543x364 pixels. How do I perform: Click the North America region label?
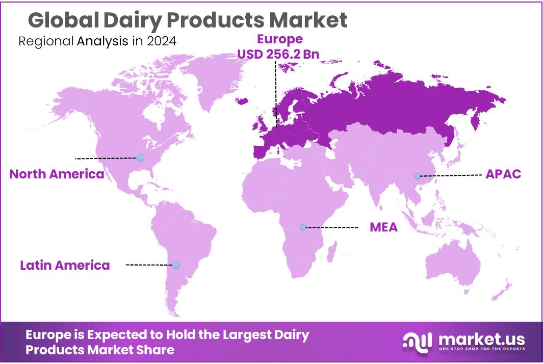pyautogui.click(x=57, y=174)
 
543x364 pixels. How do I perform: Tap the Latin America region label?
pyautogui.click(x=65, y=265)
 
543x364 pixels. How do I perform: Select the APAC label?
pyautogui.click(x=503, y=174)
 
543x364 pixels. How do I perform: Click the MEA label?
pyautogui.click(x=383, y=227)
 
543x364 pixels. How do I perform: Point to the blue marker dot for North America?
pyautogui.click(x=140, y=158)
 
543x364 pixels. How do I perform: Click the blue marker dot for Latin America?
pyautogui.click(x=176, y=265)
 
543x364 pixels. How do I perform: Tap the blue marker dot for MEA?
pyautogui.click(x=303, y=227)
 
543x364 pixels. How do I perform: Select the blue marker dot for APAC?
pyautogui.click(x=417, y=176)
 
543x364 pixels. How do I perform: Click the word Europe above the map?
pyautogui.click(x=279, y=39)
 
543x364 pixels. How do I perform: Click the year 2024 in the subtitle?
pyautogui.click(x=161, y=41)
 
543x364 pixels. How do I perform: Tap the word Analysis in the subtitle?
pyautogui.click(x=102, y=41)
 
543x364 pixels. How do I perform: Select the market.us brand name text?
pyautogui.click(x=481, y=338)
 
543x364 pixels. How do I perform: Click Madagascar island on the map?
pyautogui.click(x=332, y=250)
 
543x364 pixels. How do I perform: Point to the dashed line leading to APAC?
pyautogui.click(x=451, y=175)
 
